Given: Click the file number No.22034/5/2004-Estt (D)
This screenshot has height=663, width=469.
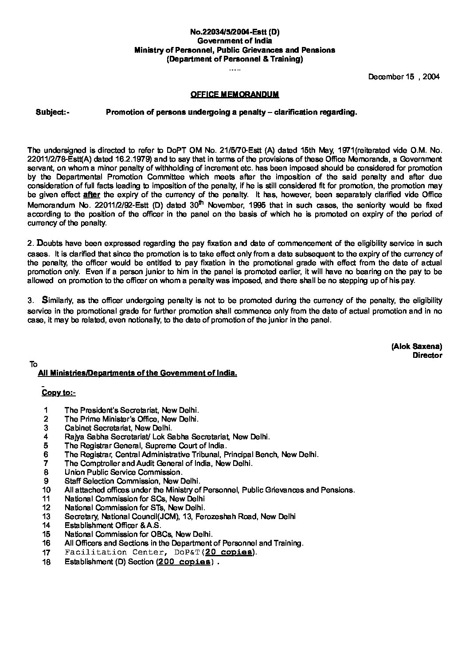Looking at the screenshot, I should tap(234, 32).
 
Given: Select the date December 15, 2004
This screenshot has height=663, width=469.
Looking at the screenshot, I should tap(404, 77).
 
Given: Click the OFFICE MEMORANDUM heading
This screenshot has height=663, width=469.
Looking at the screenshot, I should tap(234, 94).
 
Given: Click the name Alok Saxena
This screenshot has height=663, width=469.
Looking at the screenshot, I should tap(416, 346).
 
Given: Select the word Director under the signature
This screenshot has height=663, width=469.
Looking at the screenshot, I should tap(427, 355).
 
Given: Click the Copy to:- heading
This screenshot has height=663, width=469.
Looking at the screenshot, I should tap(59, 392).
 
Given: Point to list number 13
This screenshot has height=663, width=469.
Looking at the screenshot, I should tap(47, 516).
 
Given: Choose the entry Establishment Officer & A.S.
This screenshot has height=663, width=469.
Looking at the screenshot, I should tap(113, 525).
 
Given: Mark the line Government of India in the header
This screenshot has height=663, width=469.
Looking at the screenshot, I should tap(234, 41).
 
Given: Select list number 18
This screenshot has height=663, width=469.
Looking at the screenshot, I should tap(47, 562).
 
